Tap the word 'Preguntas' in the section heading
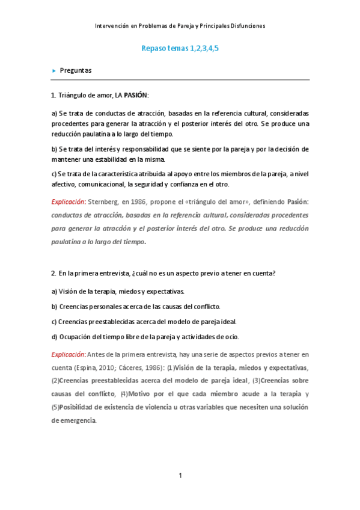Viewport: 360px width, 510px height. click(x=76, y=70)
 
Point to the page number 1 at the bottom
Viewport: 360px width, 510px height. click(x=180, y=476)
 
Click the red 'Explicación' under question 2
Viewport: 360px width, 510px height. click(x=68, y=354)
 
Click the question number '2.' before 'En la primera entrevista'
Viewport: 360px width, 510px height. click(x=53, y=274)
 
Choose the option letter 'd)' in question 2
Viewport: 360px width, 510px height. click(x=54, y=337)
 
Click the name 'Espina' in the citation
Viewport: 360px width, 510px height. click(x=84, y=368)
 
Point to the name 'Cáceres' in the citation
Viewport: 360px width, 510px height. click(x=124, y=368)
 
